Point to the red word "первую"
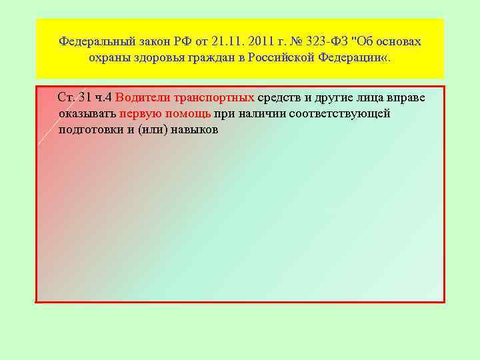pyautogui.click(x=137, y=113)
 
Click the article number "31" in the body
pyautogui.click(x=85, y=98)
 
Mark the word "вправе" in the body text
pyautogui.click(x=402, y=98)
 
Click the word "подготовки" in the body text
pyautogui.click(x=87, y=129)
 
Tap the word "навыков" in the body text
pyautogui.click(x=194, y=129)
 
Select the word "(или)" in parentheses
pyautogui.click(x=153, y=129)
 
